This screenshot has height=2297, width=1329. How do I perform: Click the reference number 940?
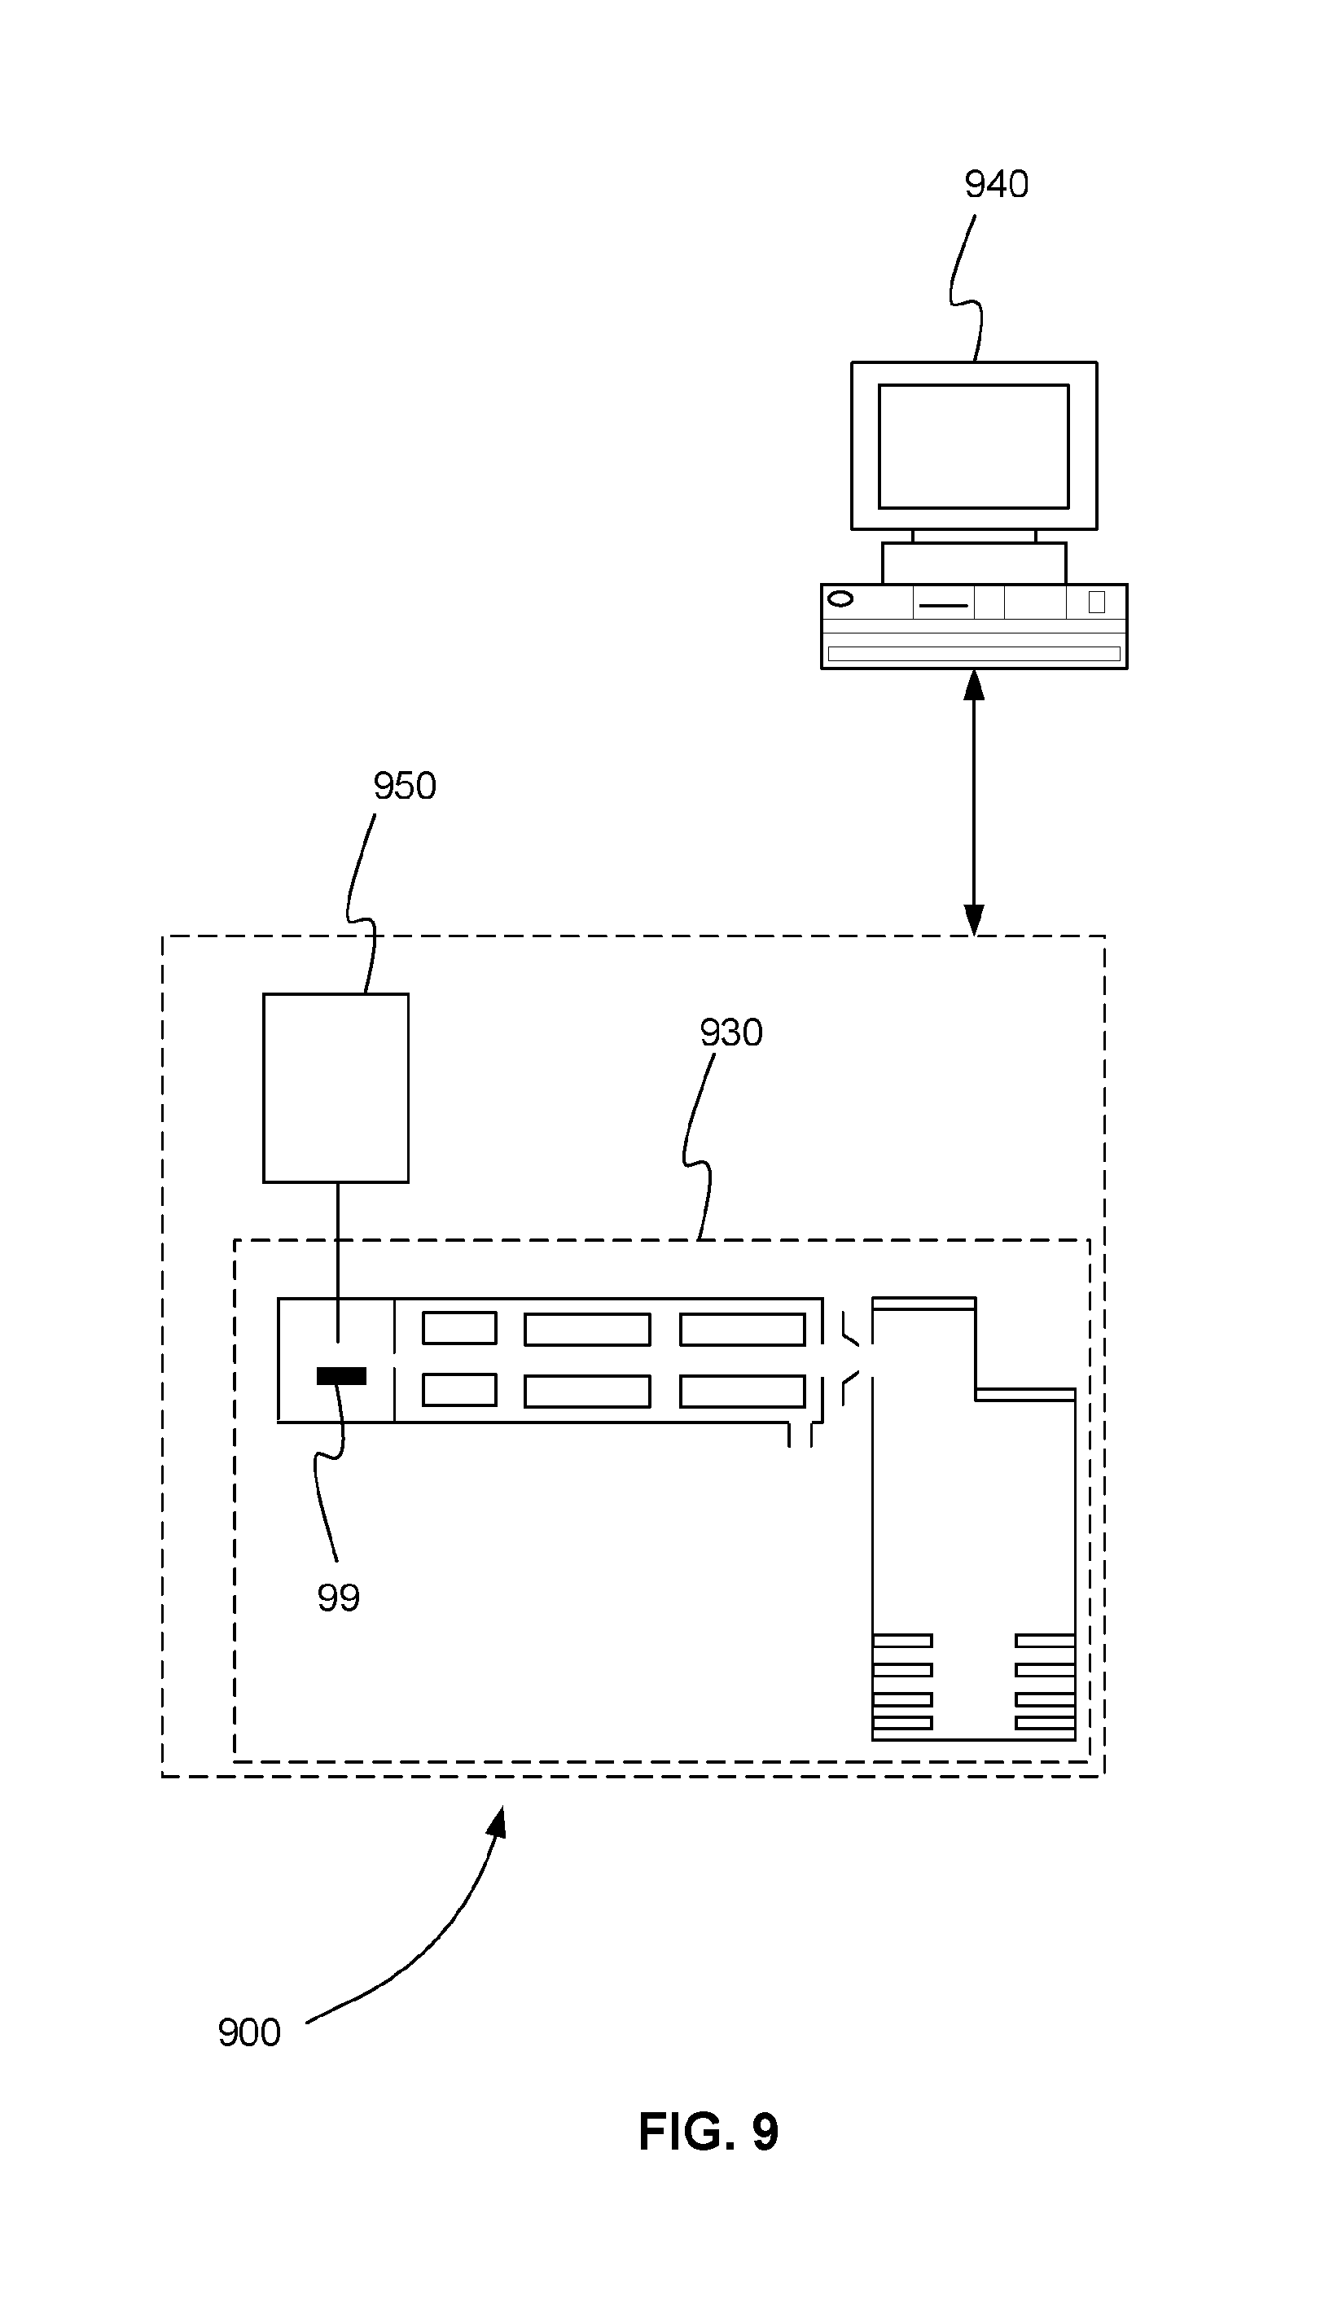(996, 185)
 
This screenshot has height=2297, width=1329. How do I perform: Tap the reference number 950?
(405, 786)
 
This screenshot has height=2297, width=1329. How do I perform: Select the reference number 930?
(731, 1032)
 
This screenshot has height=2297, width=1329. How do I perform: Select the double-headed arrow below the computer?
(973, 802)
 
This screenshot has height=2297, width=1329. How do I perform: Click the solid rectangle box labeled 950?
(336, 1087)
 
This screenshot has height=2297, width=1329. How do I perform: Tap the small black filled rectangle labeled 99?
(341, 1375)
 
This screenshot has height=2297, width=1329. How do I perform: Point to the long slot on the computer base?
(973, 654)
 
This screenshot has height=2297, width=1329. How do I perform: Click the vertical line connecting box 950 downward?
(338, 1262)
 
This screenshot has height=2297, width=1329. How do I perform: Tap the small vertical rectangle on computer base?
(1097, 602)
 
